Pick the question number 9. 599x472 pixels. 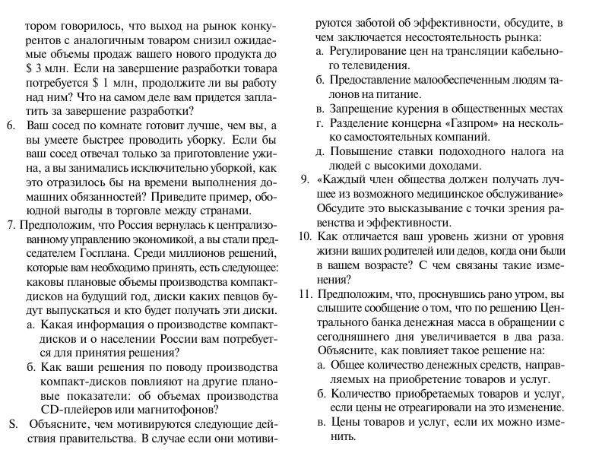[303, 180]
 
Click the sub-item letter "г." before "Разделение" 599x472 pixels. [320, 123]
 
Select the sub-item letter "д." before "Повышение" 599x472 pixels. [320, 152]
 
